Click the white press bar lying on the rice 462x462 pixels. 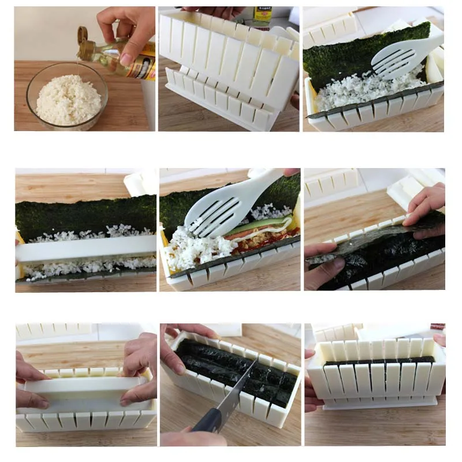tap(87, 249)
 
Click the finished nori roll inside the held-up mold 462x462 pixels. tap(378, 362)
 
